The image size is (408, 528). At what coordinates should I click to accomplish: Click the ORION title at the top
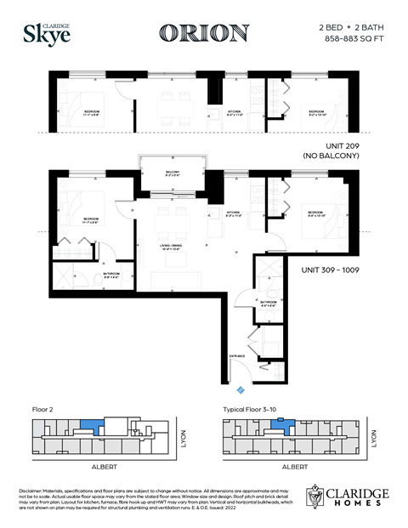(x=204, y=33)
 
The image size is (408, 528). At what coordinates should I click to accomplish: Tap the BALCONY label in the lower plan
(x=173, y=173)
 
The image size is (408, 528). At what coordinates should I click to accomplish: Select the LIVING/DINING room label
(x=172, y=247)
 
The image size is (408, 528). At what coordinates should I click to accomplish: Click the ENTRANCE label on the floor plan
(x=237, y=355)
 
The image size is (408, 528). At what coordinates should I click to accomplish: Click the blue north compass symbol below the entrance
(x=241, y=389)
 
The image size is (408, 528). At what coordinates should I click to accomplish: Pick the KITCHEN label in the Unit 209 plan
(x=235, y=111)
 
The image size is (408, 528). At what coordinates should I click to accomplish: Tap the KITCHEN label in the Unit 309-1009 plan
(x=235, y=213)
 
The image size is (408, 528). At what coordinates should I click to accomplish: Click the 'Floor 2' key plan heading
(x=42, y=409)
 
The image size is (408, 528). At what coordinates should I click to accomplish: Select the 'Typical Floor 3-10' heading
(x=251, y=409)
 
